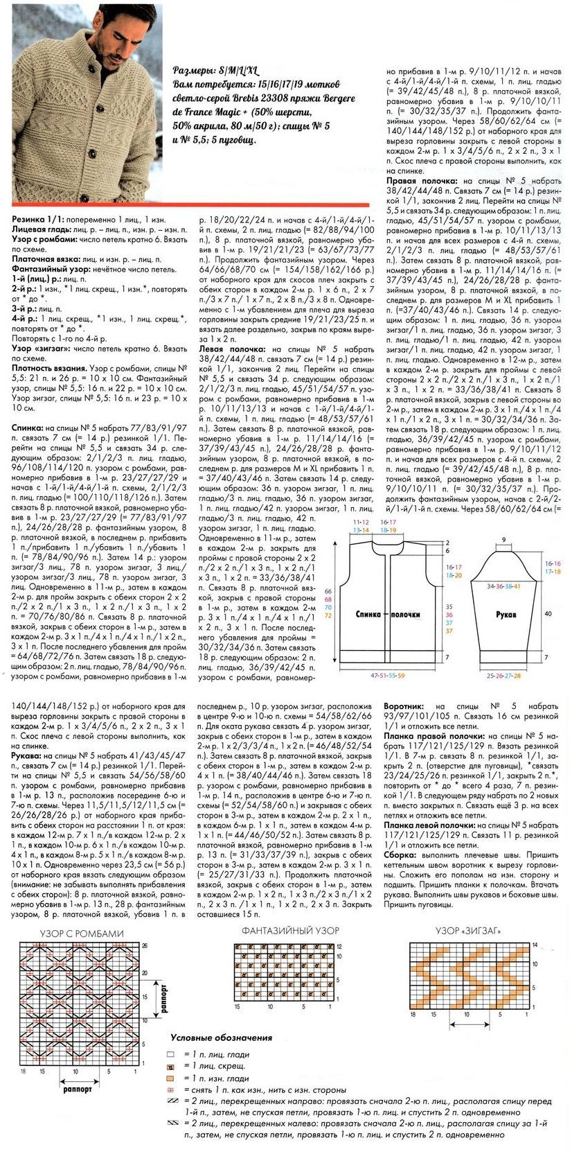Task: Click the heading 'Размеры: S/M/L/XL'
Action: pyautogui.click(x=215, y=71)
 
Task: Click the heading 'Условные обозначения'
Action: pyautogui.click(x=221, y=1038)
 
